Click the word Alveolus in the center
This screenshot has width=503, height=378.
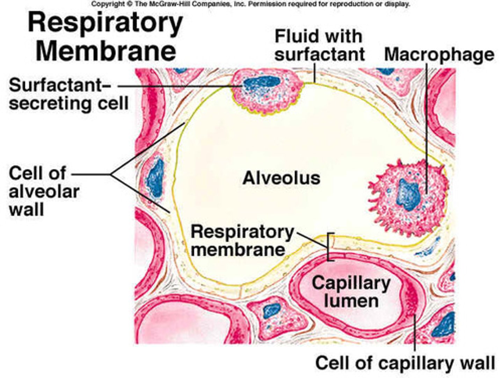(281, 178)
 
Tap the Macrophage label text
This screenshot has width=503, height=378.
(439, 55)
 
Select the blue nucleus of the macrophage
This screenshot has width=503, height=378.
(408, 195)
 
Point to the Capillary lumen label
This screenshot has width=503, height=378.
(351, 292)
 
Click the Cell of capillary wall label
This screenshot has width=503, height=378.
(405, 363)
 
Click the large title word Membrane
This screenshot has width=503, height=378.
(105, 51)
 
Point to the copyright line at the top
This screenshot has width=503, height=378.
(250, 4)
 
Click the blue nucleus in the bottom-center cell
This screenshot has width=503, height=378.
(271, 310)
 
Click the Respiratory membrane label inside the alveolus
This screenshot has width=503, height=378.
(242, 241)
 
